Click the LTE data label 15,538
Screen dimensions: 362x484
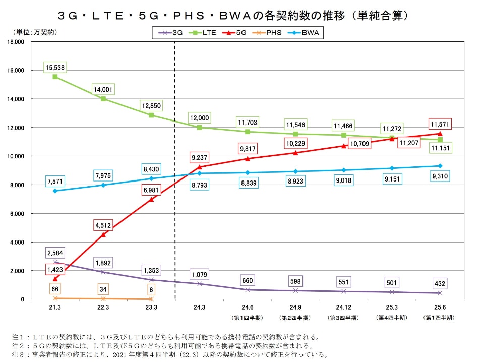click(x=55, y=67)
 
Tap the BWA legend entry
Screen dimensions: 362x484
click(x=307, y=32)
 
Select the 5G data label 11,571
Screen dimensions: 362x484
click(x=440, y=124)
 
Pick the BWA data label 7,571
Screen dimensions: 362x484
click(x=55, y=181)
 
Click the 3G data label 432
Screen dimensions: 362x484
click(x=440, y=284)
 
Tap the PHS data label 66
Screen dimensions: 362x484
click(x=55, y=289)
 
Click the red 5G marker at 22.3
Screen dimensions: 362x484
click(x=103, y=234)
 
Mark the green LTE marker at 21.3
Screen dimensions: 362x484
click(x=55, y=77)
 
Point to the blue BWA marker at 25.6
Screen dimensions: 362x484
click(x=440, y=166)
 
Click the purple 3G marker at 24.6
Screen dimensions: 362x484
click(x=248, y=290)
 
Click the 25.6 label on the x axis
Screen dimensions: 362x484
click(x=440, y=307)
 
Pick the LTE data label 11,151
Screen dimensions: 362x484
click(x=440, y=148)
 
